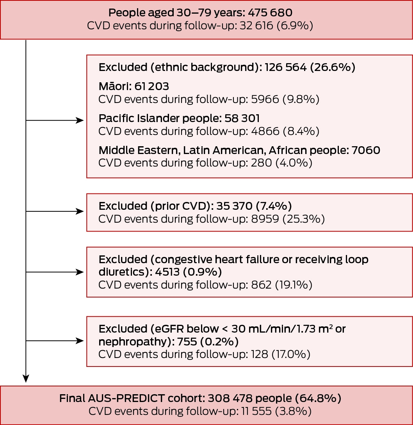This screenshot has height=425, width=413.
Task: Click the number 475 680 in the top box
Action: (x=270, y=13)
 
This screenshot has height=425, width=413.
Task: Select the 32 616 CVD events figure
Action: (x=256, y=26)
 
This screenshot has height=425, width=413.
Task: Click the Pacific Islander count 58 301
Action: (x=242, y=118)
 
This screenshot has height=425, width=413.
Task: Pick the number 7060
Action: (x=366, y=150)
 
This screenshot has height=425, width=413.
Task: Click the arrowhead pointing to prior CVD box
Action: (x=80, y=211)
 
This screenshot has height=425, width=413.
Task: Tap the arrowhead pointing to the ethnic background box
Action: (x=80, y=120)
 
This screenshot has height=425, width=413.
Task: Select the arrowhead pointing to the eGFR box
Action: (x=80, y=341)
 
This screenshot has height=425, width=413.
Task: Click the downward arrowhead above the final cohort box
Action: (x=26, y=378)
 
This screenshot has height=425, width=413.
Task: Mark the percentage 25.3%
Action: (x=304, y=219)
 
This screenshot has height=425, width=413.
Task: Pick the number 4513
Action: (x=167, y=272)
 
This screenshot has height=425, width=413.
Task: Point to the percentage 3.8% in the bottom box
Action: (x=294, y=411)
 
